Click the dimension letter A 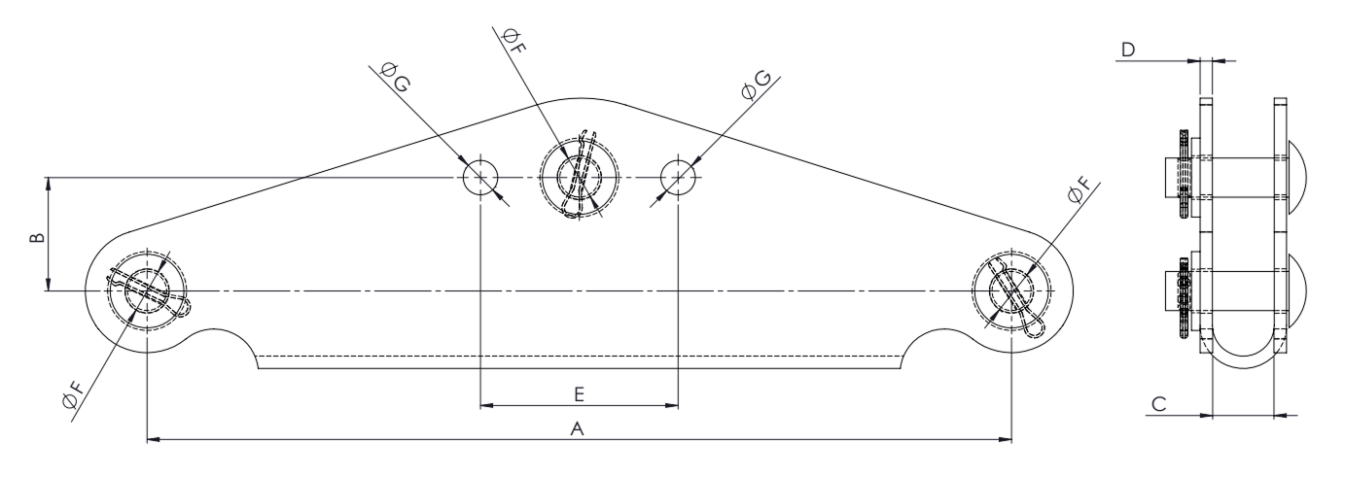[x=577, y=429]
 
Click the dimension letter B [x=37, y=238]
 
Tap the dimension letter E [x=579, y=394]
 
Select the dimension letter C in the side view [x=1159, y=404]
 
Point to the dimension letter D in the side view [x=1128, y=50]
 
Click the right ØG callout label [x=756, y=85]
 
